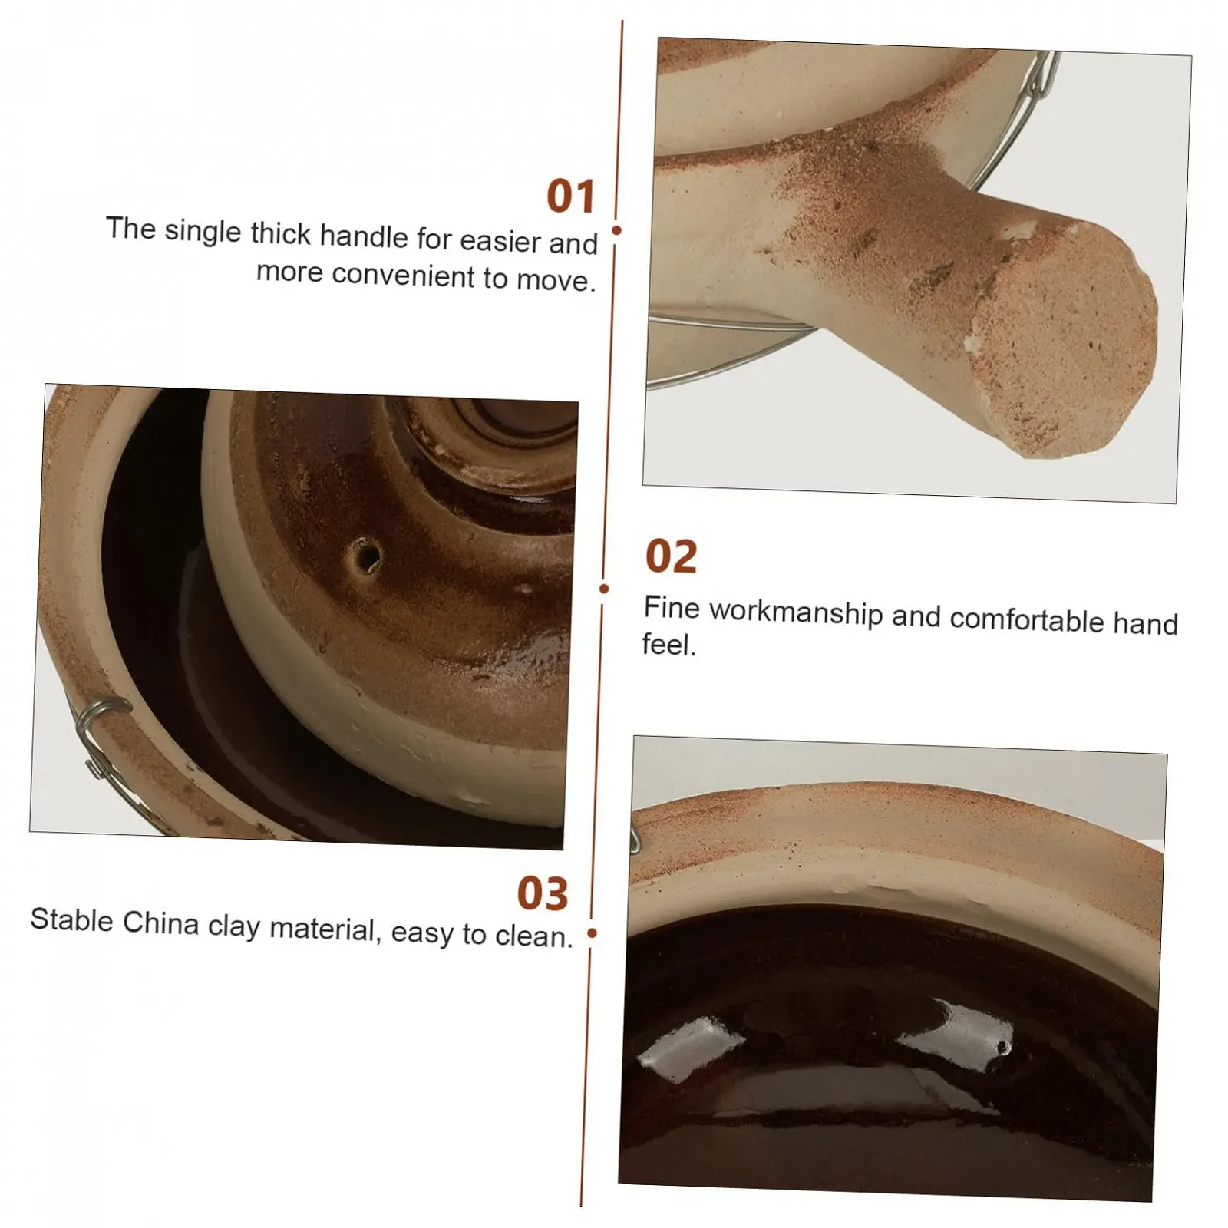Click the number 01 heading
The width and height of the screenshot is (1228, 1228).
(571, 196)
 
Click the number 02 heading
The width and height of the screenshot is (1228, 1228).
(671, 556)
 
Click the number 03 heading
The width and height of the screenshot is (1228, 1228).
(543, 893)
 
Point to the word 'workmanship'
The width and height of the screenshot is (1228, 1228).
(796, 612)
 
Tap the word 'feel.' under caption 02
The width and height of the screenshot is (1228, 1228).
(668, 645)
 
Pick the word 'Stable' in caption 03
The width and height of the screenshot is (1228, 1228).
(71, 919)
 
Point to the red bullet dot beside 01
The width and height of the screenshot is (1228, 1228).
(616, 230)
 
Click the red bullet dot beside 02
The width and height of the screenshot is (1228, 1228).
(604, 589)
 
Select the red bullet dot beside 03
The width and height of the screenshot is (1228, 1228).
(592, 933)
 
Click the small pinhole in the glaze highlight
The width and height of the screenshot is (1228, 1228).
(1000, 1046)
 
